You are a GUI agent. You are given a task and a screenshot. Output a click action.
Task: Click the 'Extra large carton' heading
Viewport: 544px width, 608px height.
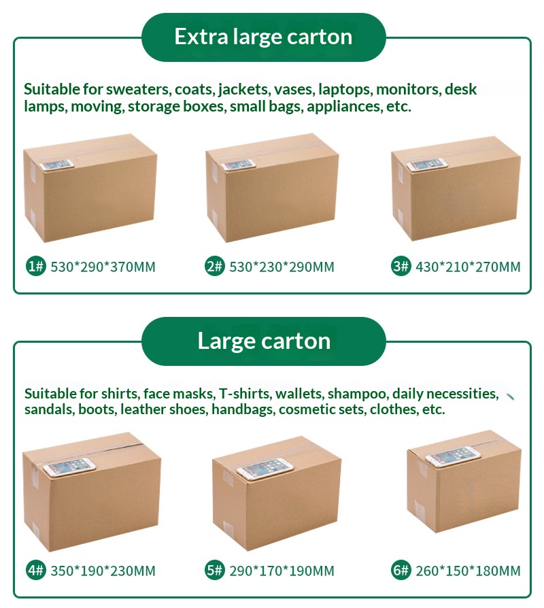pyautogui.click(x=263, y=37)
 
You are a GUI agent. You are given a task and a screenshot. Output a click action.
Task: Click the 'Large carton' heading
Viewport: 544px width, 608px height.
pyautogui.click(x=264, y=341)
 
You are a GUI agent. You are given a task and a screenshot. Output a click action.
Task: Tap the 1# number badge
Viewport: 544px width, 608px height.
pyautogui.click(x=35, y=267)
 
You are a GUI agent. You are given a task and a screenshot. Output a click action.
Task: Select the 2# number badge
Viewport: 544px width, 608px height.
pyautogui.click(x=214, y=267)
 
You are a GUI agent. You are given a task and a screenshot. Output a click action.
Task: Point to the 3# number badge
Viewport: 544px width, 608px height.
pyautogui.click(x=401, y=267)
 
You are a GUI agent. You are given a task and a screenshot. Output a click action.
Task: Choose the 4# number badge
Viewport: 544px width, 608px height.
pyautogui.click(x=35, y=571)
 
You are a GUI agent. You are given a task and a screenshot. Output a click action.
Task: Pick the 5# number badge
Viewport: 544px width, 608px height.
pyautogui.click(x=214, y=571)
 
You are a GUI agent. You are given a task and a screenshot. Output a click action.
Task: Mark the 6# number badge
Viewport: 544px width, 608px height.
pyautogui.click(x=401, y=571)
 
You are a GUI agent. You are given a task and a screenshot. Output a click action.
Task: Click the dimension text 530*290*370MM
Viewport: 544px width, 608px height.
pyautogui.click(x=103, y=267)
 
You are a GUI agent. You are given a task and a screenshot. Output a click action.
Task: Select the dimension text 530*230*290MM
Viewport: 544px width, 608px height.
pyautogui.click(x=282, y=267)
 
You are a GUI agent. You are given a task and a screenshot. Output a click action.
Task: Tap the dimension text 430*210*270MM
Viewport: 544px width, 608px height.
pyautogui.click(x=468, y=267)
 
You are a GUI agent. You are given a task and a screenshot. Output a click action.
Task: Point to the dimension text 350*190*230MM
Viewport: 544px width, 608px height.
pyautogui.click(x=103, y=571)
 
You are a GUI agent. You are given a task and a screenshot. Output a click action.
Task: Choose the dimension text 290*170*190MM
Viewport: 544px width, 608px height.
pyautogui.click(x=282, y=571)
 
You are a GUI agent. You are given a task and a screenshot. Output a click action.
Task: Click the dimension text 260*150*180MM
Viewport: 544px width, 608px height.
pyautogui.click(x=468, y=571)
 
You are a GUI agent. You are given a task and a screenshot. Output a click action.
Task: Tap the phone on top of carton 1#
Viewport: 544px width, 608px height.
pyautogui.click(x=56, y=165)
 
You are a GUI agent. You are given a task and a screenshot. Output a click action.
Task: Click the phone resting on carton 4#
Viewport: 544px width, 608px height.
pyautogui.click(x=69, y=467)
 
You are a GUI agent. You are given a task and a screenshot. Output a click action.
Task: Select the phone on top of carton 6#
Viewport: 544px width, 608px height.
pyautogui.click(x=453, y=456)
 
